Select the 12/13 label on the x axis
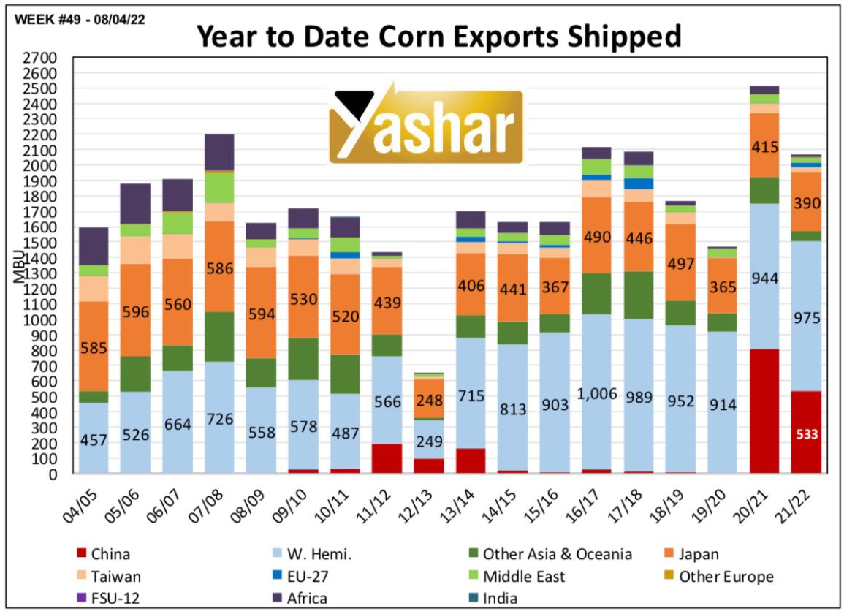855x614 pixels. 422,504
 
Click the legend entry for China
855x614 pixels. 106,555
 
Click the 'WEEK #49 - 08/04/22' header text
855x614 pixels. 76,20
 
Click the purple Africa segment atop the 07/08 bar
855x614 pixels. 219,151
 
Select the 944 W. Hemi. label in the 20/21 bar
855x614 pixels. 764,278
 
